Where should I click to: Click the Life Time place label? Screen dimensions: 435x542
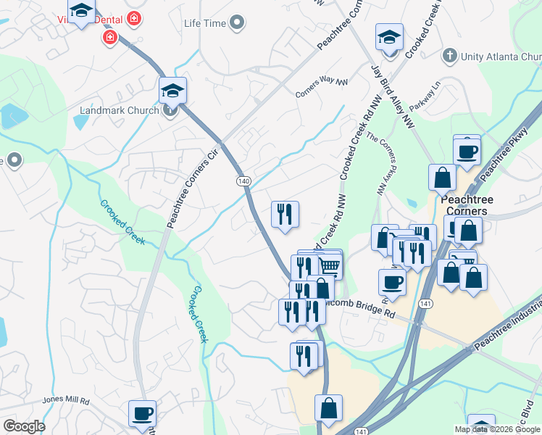pyautogui.click(x=205, y=23)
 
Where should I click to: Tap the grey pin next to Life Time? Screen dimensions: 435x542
pyautogui.click(x=237, y=24)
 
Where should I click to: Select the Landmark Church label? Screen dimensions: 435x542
pyautogui.click(x=118, y=110)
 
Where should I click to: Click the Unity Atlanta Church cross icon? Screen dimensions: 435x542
pyautogui.click(x=449, y=56)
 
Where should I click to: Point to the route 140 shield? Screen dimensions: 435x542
pyautogui.click(x=242, y=180)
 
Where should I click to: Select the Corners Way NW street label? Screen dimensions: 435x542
pyautogui.click(x=321, y=88)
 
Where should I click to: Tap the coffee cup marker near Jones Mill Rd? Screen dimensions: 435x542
pyautogui.click(x=142, y=413)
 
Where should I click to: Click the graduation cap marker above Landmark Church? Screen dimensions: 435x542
pyautogui.click(x=173, y=91)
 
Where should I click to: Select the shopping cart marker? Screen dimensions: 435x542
pyautogui.click(x=330, y=265)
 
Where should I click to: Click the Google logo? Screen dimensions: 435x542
pyautogui.click(x=24, y=426)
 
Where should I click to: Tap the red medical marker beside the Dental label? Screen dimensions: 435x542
pyautogui.click(x=110, y=37)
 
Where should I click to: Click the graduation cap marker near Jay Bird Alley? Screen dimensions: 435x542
pyautogui.click(x=390, y=37)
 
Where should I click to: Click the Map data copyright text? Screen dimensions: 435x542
pyautogui.click(x=497, y=429)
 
